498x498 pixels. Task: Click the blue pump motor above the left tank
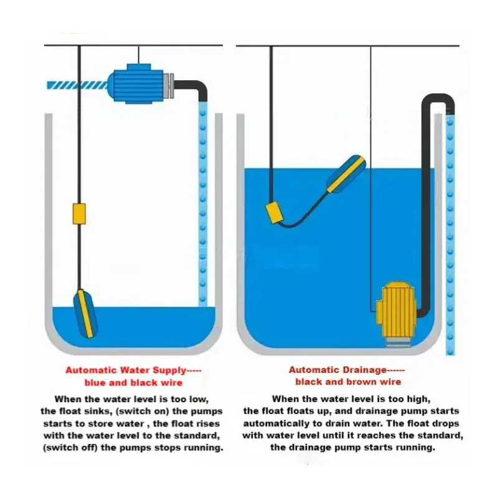[136, 84]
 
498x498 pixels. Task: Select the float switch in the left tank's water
[85, 313]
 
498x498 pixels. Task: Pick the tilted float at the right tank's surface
[347, 174]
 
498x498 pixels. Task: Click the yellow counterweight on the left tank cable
[79, 214]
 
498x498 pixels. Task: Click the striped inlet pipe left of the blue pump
[77, 85]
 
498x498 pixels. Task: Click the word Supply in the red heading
[169, 370]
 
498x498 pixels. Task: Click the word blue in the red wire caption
[95, 383]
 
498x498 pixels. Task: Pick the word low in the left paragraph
[198, 399]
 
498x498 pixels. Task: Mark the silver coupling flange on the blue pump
[169, 85]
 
